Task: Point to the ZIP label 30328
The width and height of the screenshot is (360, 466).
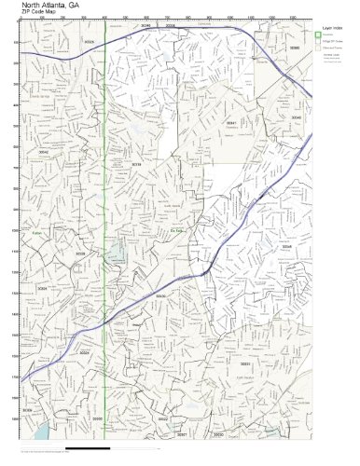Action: (x=90, y=42)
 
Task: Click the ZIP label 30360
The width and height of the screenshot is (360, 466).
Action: (x=295, y=47)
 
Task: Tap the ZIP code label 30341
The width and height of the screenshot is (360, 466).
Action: (x=232, y=122)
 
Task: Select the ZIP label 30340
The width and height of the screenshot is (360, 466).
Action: (x=296, y=118)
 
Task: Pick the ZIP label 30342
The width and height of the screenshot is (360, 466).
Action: (x=43, y=151)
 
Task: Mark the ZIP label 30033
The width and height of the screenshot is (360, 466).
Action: (x=245, y=363)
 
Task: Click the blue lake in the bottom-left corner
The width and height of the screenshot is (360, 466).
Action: (x=41, y=434)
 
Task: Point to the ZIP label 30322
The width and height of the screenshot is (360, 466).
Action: (x=163, y=419)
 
